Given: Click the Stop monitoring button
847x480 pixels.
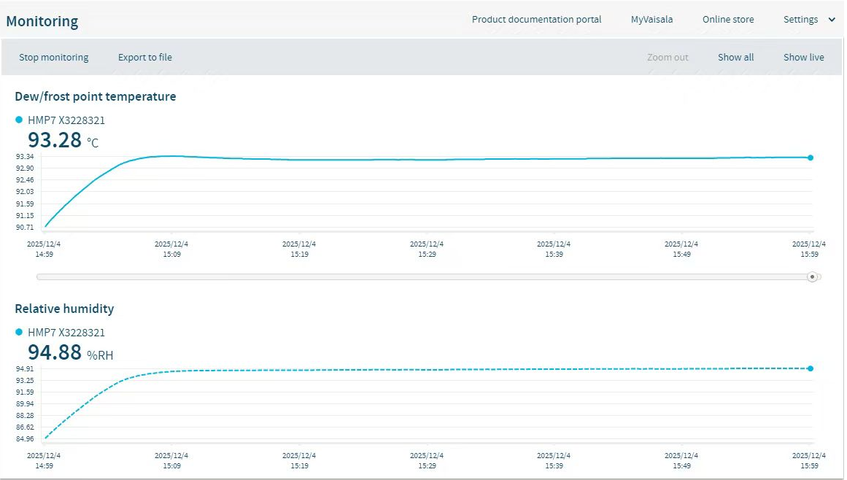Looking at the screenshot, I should (53, 58).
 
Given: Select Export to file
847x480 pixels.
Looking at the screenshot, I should (145, 58).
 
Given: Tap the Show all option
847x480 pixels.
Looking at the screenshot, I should (735, 58).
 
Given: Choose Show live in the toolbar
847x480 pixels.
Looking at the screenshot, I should (803, 58).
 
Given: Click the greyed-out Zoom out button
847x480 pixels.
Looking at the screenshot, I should (668, 58).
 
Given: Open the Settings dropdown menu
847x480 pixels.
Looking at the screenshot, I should (808, 20).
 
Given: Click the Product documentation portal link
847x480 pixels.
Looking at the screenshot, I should (536, 20).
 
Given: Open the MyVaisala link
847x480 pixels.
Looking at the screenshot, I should (651, 20).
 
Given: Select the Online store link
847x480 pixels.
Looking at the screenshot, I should (728, 20).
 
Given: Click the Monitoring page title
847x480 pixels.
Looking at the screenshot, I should (42, 21).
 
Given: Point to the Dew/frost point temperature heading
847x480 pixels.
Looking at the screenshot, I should (95, 96).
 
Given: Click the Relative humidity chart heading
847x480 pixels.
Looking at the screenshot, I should (64, 309).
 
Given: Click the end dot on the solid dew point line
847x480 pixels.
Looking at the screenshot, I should (811, 158).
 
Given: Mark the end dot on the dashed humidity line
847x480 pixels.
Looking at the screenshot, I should (811, 368).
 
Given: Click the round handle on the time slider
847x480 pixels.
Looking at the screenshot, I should (812, 277).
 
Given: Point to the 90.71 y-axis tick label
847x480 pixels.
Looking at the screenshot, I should (25, 228).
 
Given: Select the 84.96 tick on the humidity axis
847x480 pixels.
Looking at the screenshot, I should (25, 439).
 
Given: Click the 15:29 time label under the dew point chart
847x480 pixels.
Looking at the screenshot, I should (426, 249).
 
